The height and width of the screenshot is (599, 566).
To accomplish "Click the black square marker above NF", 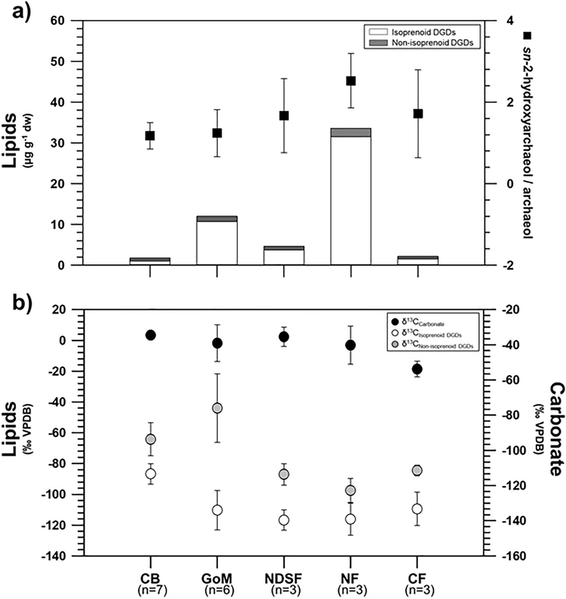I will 351,81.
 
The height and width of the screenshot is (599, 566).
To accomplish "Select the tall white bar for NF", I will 351,200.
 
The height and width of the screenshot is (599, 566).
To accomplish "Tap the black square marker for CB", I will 150,136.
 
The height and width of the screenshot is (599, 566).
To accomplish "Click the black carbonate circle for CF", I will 418,369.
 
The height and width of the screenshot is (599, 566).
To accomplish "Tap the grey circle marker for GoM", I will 217,408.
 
